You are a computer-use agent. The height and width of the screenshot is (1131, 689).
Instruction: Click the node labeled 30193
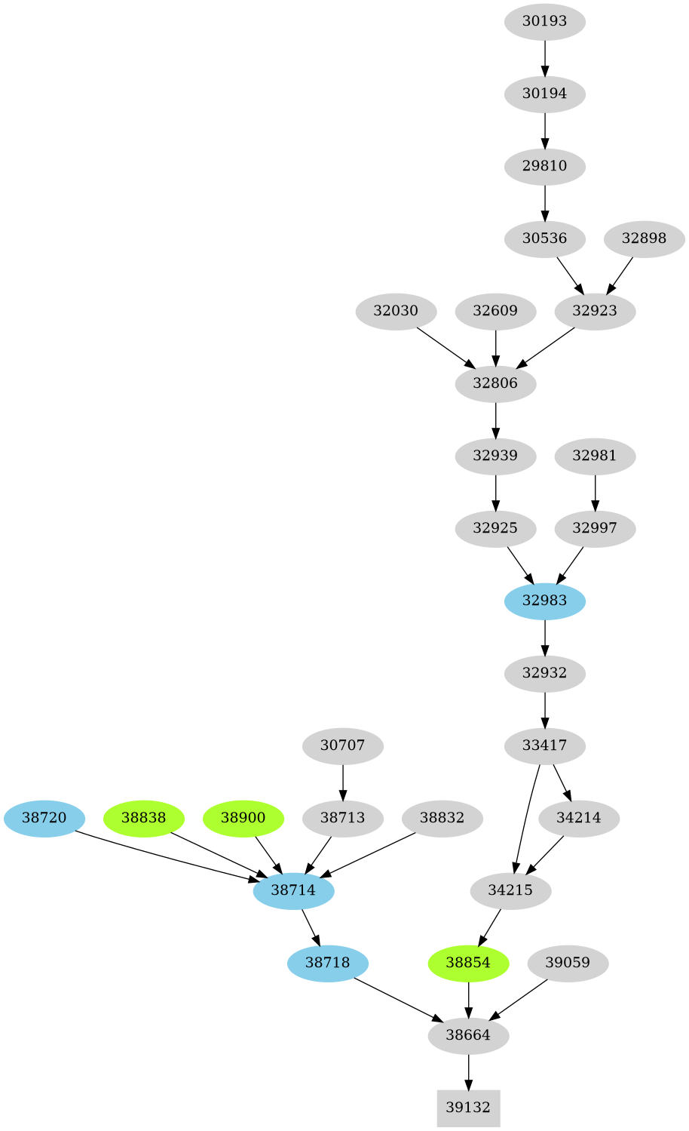[x=544, y=21]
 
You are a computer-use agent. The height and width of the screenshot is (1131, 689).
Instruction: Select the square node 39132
[x=468, y=1108]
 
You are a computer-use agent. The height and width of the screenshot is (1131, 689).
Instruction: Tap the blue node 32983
[x=544, y=601]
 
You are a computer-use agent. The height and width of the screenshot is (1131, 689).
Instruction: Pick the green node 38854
[x=468, y=963]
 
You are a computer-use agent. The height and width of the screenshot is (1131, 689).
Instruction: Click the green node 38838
[x=143, y=818]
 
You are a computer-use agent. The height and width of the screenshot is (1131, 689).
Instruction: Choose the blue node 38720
[x=44, y=818]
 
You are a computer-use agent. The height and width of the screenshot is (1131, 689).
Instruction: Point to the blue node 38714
[x=293, y=890]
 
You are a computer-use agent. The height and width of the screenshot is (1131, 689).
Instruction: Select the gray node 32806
[x=495, y=383]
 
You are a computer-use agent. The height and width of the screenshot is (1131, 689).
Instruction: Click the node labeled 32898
[x=644, y=238]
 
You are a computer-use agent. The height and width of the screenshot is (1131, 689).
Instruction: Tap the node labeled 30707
[x=342, y=745]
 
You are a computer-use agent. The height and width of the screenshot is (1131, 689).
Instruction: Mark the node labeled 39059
[x=568, y=963]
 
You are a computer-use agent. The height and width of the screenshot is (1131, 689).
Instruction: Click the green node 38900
[x=243, y=818]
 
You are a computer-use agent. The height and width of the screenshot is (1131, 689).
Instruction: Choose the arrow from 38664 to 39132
[x=468, y=1071]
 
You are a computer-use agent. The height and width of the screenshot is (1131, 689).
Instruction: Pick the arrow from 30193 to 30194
[x=544, y=57]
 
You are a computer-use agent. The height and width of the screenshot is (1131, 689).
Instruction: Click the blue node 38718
[x=327, y=963]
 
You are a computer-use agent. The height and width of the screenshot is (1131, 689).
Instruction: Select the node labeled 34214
[x=578, y=818]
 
